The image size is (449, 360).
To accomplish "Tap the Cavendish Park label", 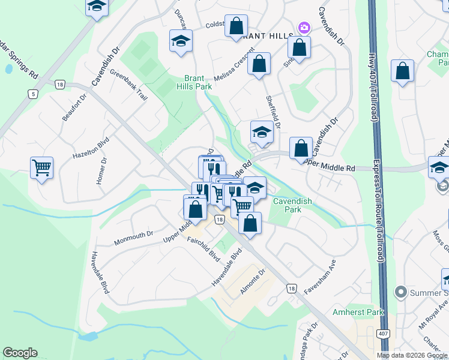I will click(x=292, y=206).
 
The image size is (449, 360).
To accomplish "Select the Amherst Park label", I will click(x=358, y=313).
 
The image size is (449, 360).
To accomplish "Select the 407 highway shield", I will click(x=382, y=333).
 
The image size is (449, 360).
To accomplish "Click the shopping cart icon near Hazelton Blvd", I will click(x=41, y=167).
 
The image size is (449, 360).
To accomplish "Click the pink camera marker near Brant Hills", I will click(x=304, y=28).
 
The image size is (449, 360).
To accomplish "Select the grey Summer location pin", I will click(x=401, y=292).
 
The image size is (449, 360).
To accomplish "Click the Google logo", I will click(x=20, y=353).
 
